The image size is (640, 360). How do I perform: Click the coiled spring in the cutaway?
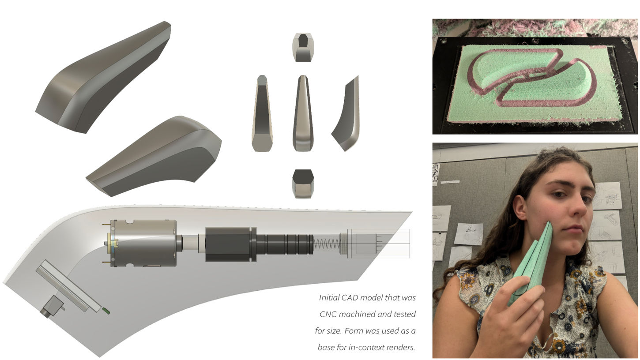pyautogui.click(x=327, y=244)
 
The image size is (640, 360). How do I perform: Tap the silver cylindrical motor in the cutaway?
pyautogui.click(x=143, y=243)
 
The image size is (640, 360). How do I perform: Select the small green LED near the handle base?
pyautogui.click(x=106, y=311)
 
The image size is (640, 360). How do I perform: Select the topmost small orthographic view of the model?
pyautogui.click(x=303, y=47)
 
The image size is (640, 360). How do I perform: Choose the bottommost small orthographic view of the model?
pyautogui.click(x=303, y=184)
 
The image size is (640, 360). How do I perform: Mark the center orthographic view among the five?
pyautogui.click(x=303, y=113)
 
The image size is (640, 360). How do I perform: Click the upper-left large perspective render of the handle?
pyautogui.click(x=103, y=77)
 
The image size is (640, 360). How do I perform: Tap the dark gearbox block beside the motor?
pyautogui.click(x=228, y=244)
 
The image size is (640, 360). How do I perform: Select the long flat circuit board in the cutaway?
pyautogui.click(x=68, y=286)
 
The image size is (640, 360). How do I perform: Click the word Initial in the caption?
pyautogui.click(x=327, y=297)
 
